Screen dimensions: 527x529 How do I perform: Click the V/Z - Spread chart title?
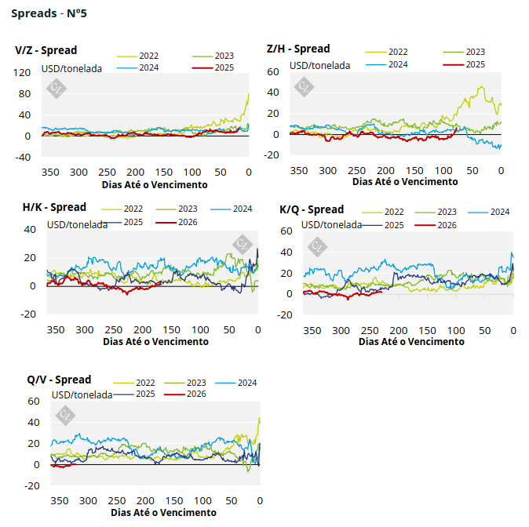[x=46, y=50]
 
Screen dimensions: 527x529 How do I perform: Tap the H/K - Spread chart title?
[x=54, y=207]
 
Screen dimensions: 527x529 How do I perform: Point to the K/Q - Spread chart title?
[x=312, y=209]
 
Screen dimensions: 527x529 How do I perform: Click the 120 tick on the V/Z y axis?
[x=22, y=73]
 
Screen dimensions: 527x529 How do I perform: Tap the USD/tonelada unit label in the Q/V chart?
[x=82, y=394]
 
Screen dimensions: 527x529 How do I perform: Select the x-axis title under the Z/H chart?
[x=404, y=181]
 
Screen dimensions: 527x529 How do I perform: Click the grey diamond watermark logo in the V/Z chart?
[x=56, y=88]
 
